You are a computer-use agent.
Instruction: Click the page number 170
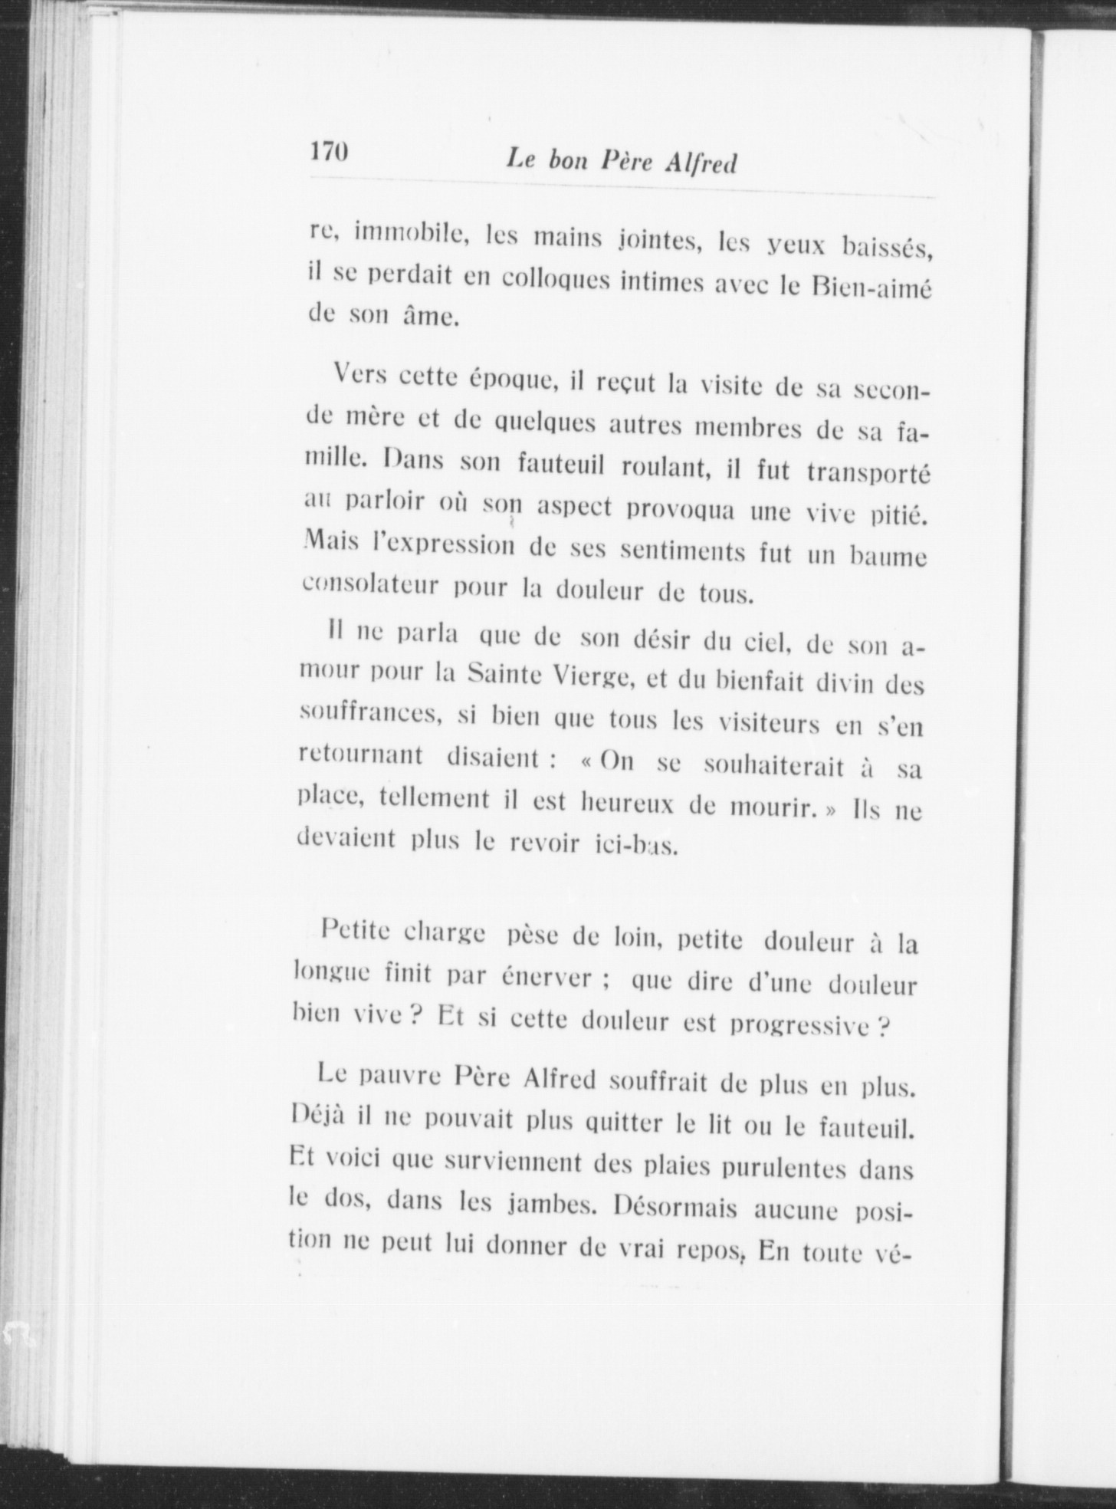point(330,151)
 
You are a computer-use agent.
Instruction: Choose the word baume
point(888,555)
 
